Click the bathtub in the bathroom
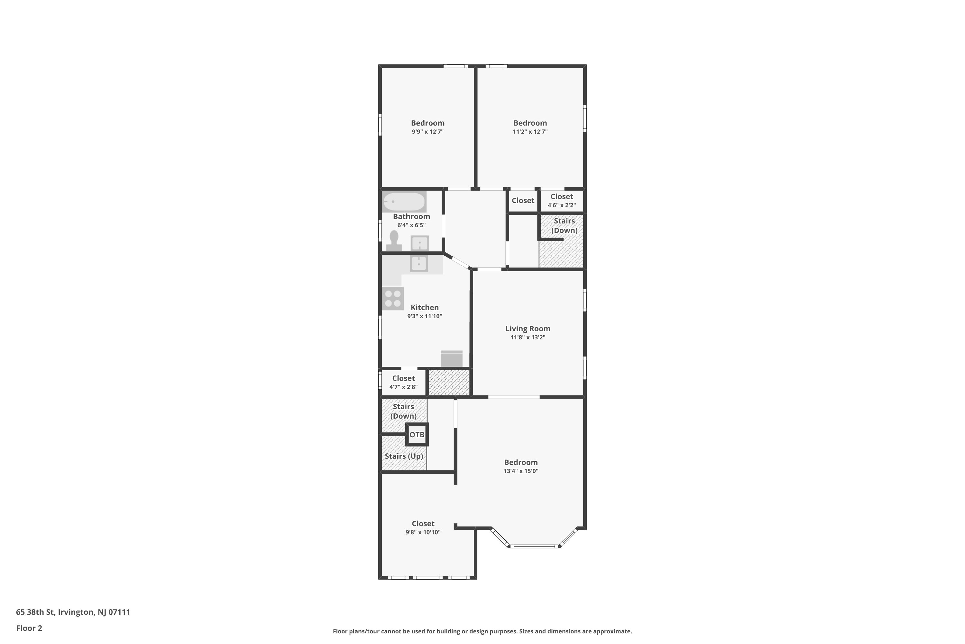click(404, 202)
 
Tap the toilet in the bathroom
click(394, 241)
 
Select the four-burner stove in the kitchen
click(393, 298)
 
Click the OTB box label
click(417, 434)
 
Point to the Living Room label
click(528, 328)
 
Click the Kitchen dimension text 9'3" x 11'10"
click(425, 316)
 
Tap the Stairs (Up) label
click(404, 456)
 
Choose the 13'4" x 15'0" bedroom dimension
click(521, 471)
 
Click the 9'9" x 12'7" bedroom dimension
click(427, 132)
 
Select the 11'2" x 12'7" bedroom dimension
click(530, 132)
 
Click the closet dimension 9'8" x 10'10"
click(423, 532)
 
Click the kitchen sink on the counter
click(419, 264)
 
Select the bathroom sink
click(420, 243)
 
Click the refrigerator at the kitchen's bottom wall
click(451, 359)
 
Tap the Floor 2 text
click(29, 628)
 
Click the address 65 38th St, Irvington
click(73, 612)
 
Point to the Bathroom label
click(411, 216)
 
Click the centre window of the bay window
click(534, 546)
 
